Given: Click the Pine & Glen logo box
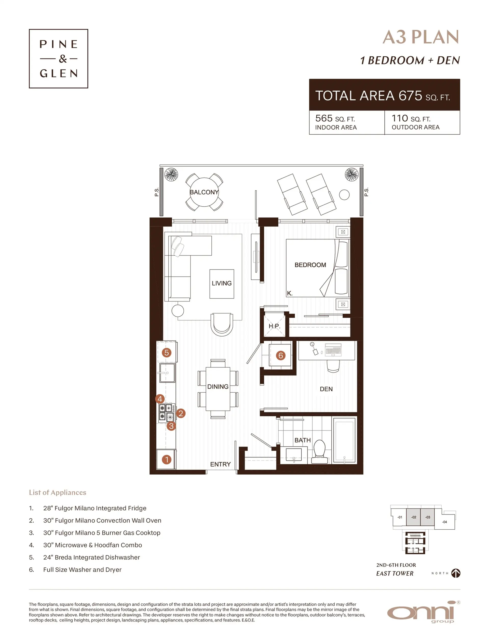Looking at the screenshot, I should click(x=58, y=59).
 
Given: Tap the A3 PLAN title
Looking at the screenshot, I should click(x=420, y=37).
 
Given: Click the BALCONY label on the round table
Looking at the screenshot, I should click(x=204, y=192).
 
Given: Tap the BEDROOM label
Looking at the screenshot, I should click(x=310, y=265).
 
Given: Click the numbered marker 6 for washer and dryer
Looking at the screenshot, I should click(x=280, y=355).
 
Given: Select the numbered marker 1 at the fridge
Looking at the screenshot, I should click(x=166, y=459).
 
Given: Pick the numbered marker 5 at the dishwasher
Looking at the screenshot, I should click(x=166, y=353).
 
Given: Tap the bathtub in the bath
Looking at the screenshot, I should click(x=344, y=440).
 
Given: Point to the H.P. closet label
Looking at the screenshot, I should click(x=274, y=326).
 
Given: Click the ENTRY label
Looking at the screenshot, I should click(x=220, y=464).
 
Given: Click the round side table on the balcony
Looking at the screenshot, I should click(x=344, y=194).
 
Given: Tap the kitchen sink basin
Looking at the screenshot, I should click(x=167, y=373).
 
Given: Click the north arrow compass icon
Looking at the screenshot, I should click(x=456, y=573).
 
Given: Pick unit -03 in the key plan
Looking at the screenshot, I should click(x=428, y=517).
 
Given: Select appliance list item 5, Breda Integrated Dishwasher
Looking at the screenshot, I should click(x=91, y=557).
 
